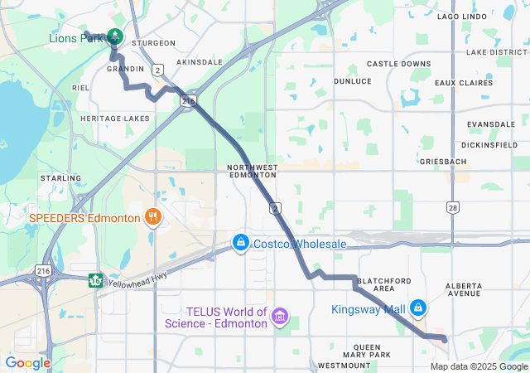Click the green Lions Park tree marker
[x=114, y=37]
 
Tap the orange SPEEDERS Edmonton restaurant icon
[x=152, y=218]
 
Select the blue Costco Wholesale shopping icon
[x=240, y=242]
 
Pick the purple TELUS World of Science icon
[x=280, y=317]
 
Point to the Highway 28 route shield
[x=451, y=206]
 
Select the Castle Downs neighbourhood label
[x=399, y=64]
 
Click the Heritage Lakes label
[x=115, y=119]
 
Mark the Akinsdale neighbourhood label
[x=200, y=62]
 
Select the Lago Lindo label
[x=460, y=16]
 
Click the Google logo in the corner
[x=28, y=362]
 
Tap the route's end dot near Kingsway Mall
[x=444, y=339]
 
